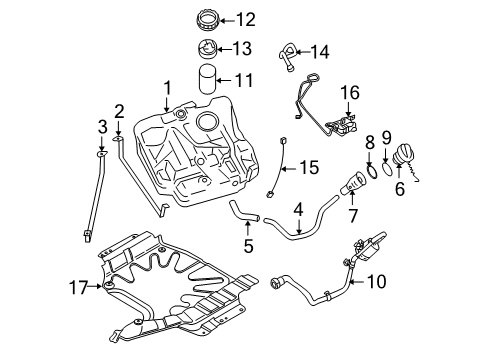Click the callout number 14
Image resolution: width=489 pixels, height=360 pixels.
tap(320, 51)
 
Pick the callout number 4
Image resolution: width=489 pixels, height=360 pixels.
tap(298, 209)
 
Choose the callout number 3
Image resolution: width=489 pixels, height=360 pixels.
tap(100, 125)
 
